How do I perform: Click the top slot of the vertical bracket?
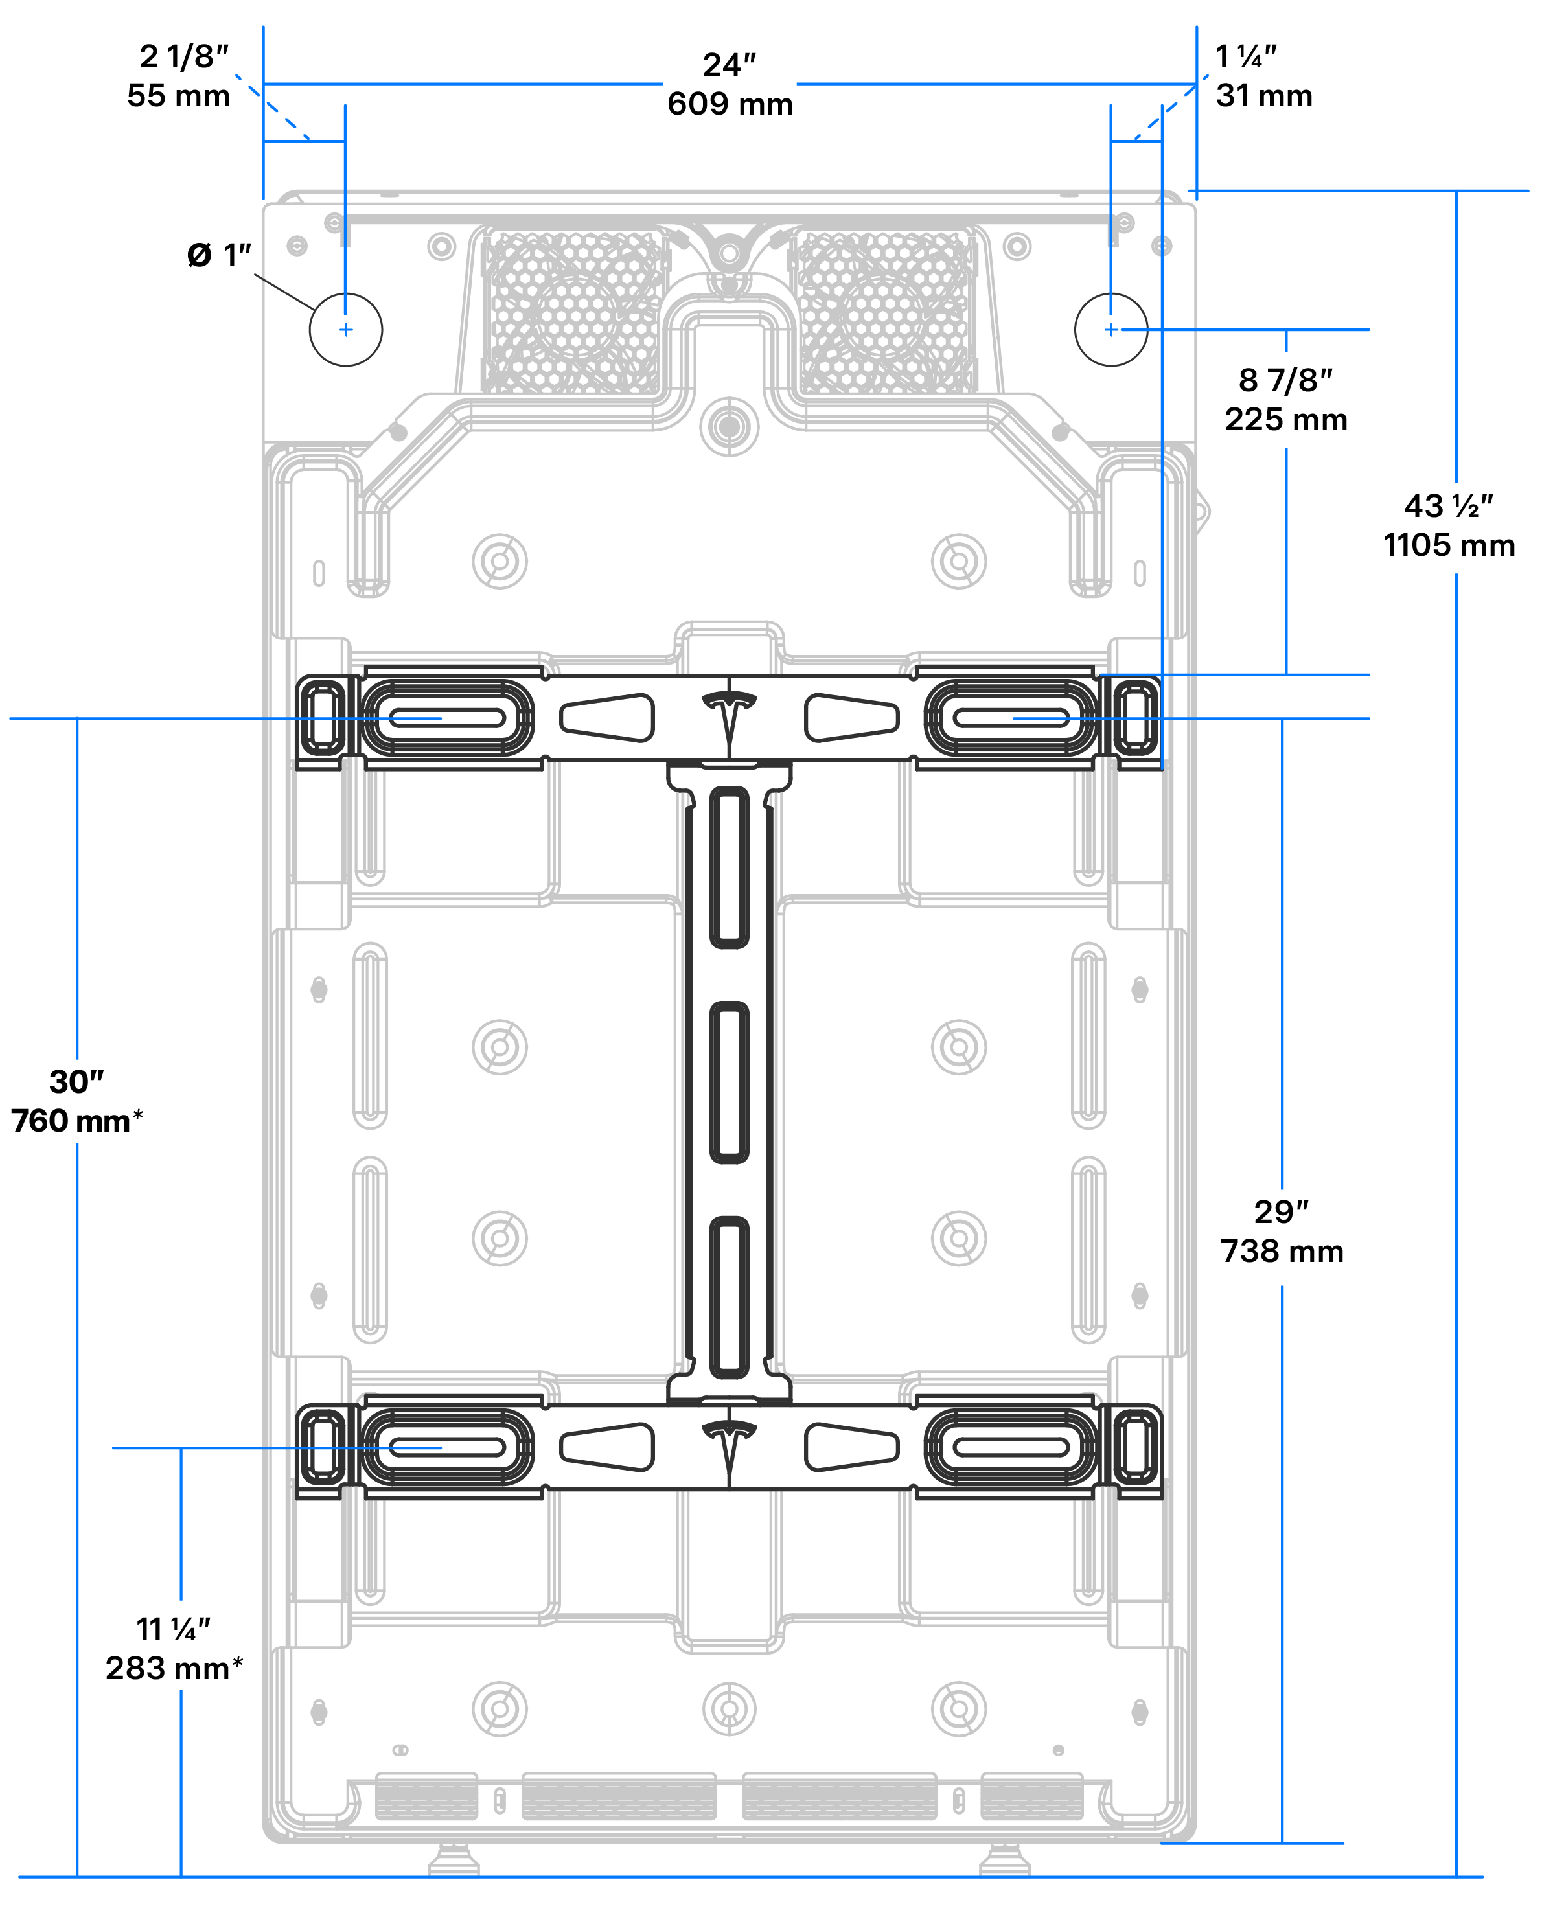730,867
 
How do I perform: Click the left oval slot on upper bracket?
448,718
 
